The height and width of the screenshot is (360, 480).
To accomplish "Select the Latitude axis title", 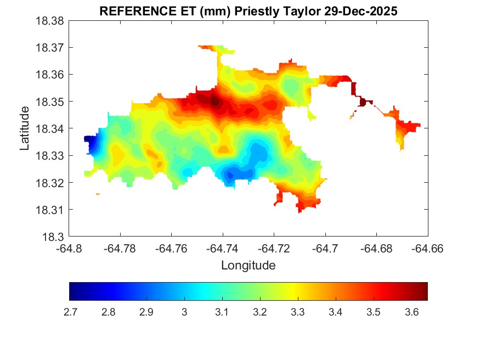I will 25,129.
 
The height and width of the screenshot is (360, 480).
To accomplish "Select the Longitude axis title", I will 248,266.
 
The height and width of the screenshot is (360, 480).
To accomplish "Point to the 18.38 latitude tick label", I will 50,21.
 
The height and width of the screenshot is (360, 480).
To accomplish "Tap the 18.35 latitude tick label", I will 50,102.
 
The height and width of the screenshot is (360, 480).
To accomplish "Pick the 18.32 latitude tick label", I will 50,183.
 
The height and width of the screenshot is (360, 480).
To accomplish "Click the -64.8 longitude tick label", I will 70,249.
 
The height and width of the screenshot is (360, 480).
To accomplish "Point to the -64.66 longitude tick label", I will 428,249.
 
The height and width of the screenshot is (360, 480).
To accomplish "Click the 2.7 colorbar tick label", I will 70,312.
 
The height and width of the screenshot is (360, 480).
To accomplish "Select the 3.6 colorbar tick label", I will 411,312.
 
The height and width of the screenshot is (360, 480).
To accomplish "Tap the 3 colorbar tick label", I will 184,312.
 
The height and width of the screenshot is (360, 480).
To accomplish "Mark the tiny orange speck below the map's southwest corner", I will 98,194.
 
